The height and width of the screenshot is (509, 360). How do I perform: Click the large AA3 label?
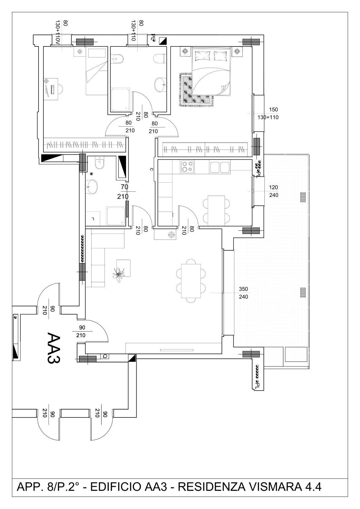tap(54, 348)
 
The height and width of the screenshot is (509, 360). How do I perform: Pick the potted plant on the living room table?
tap(118, 275)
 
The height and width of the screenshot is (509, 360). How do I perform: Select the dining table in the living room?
tap(191, 281)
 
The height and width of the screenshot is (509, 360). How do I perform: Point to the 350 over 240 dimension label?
tap(243, 293)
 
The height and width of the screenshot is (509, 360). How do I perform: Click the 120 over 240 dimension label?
tap(274, 191)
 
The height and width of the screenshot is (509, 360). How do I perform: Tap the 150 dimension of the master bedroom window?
tap(273, 109)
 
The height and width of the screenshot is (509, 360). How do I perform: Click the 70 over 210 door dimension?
tap(123, 192)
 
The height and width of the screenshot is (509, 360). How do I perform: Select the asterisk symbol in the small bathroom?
tap(92, 174)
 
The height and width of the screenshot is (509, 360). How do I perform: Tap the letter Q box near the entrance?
tap(105, 356)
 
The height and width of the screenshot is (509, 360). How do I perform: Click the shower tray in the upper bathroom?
tap(120, 100)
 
